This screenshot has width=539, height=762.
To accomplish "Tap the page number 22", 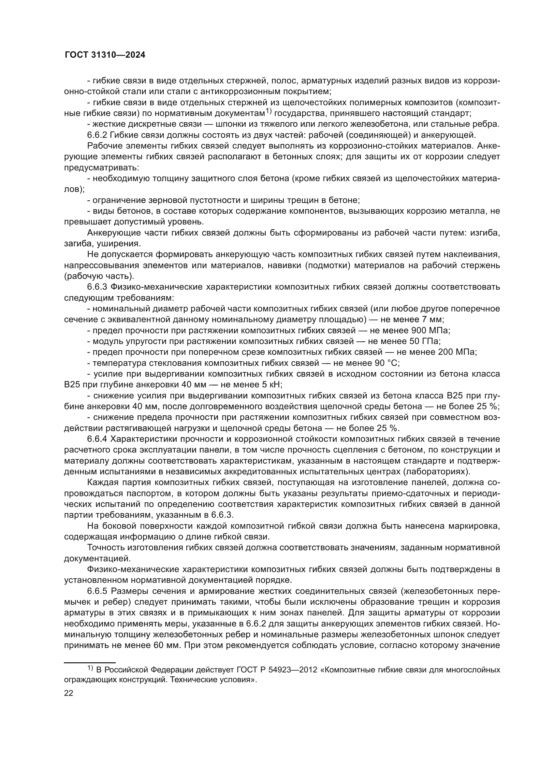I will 69,693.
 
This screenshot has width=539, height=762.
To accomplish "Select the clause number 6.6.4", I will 97,439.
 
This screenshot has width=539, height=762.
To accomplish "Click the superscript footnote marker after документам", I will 268,111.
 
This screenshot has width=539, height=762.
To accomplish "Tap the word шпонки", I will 232,124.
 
